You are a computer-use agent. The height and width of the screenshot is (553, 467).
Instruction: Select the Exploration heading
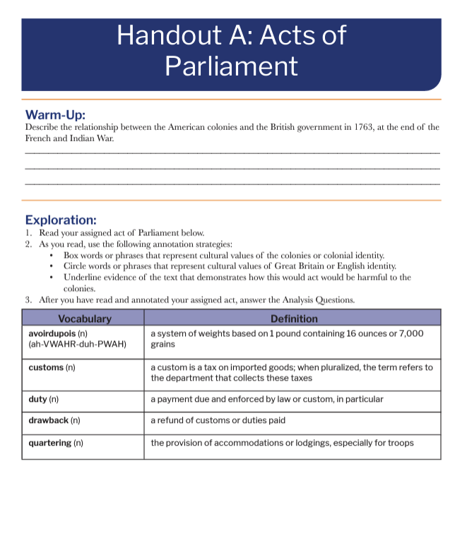coord(61,220)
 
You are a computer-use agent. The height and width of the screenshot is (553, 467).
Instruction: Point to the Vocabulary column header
coord(85,319)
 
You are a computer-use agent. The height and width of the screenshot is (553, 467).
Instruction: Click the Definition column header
coord(294,319)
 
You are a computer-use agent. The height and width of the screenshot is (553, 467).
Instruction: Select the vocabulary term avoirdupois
coord(53,333)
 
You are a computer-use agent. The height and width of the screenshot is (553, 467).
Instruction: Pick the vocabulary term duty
coord(37,399)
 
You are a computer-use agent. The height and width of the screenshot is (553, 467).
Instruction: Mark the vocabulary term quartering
coord(49,443)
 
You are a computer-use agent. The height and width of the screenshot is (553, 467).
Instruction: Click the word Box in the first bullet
coord(71,255)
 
